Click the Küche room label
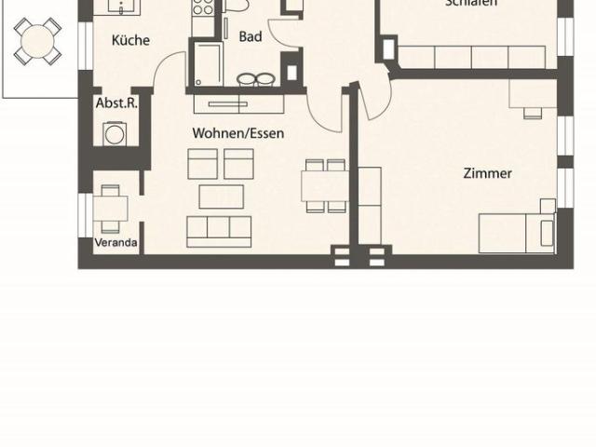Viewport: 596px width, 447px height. pyautogui.click(x=130, y=40)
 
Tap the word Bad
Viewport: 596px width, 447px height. pyautogui.click(x=251, y=37)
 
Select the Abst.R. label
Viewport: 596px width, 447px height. pyautogui.click(x=116, y=102)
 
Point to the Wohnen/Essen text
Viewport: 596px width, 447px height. pyautogui.click(x=237, y=133)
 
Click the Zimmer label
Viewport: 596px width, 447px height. pyautogui.click(x=487, y=173)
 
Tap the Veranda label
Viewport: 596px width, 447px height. pyautogui.click(x=116, y=244)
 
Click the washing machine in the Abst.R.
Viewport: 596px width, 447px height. pyautogui.click(x=116, y=134)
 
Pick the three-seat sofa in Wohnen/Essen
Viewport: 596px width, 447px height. pyautogui.click(x=219, y=230)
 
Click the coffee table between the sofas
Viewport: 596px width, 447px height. pyautogui.click(x=222, y=196)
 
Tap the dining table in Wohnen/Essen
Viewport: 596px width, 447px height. pyautogui.click(x=324, y=185)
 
